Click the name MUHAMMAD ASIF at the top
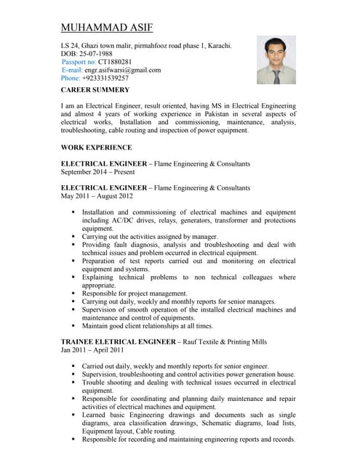pyautogui.click(x=107, y=29)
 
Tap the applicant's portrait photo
pyautogui.click(x=276, y=60)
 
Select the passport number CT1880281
pyautogui.click(x=116, y=62)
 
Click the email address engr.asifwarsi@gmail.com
pyautogui.click(x=123, y=70)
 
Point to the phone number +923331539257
pyautogui.click(x=106, y=78)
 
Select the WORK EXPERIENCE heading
pyautogui.click(x=96, y=147)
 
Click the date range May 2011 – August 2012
pyautogui.click(x=97, y=196)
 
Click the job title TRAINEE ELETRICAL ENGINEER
pyautogui.click(x=118, y=341)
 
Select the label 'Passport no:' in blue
pyautogui.click(x=79, y=62)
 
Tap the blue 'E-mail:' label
pyautogui.click(x=73, y=70)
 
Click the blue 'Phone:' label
pyautogui.click(x=71, y=78)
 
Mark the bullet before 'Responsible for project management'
pyautogui.click(x=73, y=293)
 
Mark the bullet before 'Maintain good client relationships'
pyautogui.click(x=73, y=325)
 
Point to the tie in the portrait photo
pyautogui.click(x=276, y=75)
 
